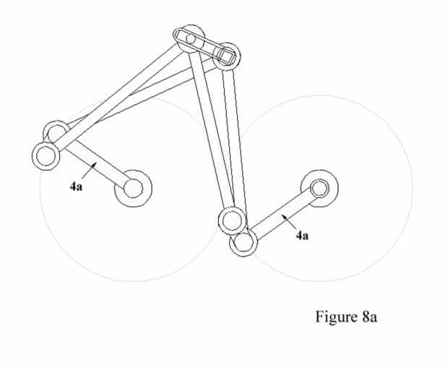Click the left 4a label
click(76, 187)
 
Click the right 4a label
click(302, 235)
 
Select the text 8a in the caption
click(366, 318)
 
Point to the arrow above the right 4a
click(288, 220)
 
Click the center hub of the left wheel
click(133, 188)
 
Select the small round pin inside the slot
click(191, 38)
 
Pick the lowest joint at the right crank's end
click(244, 241)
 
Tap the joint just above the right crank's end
click(232, 218)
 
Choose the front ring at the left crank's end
click(46, 155)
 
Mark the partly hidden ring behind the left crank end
click(57, 132)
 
